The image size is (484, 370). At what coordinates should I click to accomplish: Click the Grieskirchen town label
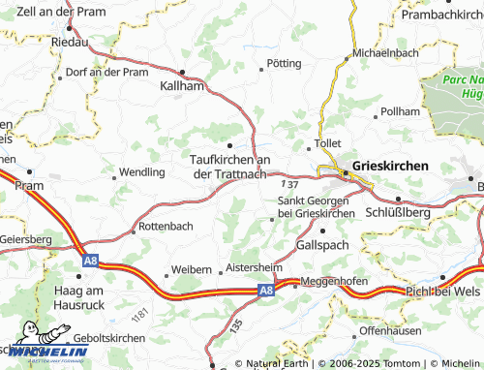tap(390, 166)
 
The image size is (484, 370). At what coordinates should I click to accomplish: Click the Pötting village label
tap(283, 63)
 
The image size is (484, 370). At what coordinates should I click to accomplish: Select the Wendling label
tap(141, 171)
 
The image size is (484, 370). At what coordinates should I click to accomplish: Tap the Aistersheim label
tap(252, 266)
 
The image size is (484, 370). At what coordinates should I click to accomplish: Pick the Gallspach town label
tap(322, 246)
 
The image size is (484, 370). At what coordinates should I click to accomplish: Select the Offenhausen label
tap(393, 330)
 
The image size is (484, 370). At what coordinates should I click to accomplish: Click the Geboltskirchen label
tap(103, 338)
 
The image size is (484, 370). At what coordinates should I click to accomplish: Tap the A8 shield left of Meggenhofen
tap(265, 289)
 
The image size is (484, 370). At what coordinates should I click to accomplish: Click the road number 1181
tap(141, 316)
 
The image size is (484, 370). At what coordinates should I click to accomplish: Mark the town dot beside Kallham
tap(183, 72)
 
